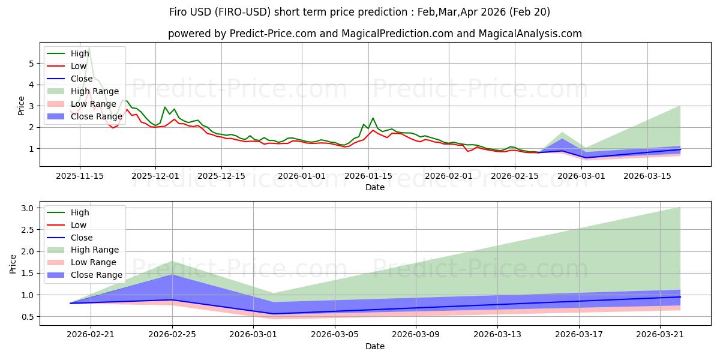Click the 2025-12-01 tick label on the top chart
(155, 176)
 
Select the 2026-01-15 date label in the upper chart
(368, 176)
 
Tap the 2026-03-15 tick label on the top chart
(647, 176)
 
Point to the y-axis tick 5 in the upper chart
(31, 64)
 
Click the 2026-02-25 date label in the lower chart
(172, 335)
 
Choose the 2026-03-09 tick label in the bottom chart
(416, 335)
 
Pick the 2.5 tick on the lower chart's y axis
(28, 230)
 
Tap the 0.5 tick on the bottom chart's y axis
(28, 317)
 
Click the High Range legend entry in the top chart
(83, 91)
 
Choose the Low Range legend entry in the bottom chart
(82, 263)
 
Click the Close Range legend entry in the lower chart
(85, 275)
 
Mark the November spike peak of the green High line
(89, 48)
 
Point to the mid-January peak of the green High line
(373, 118)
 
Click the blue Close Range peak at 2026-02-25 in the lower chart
(172, 275)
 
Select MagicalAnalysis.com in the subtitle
(530, 34)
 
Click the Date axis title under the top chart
(375, 187)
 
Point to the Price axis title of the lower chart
(13, 264)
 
